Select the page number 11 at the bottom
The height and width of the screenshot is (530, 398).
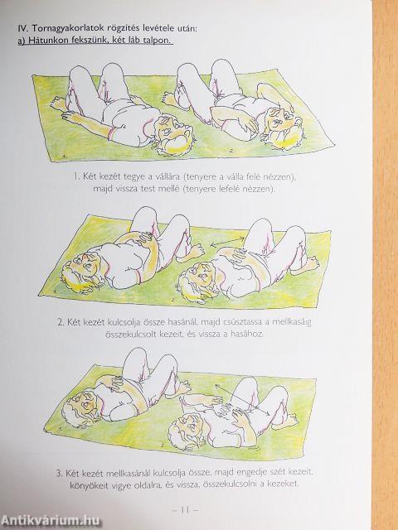click(x=185, y=510)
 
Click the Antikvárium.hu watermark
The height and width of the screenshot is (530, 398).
click(x=51, y=521)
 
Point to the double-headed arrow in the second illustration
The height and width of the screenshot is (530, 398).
click(x=227, y=241)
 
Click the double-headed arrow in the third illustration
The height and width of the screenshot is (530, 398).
click(x=242, y=399)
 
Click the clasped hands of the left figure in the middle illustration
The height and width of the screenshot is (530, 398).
click(x=146, y=238)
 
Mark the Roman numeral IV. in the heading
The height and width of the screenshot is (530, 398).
click(x=23, y=28)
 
